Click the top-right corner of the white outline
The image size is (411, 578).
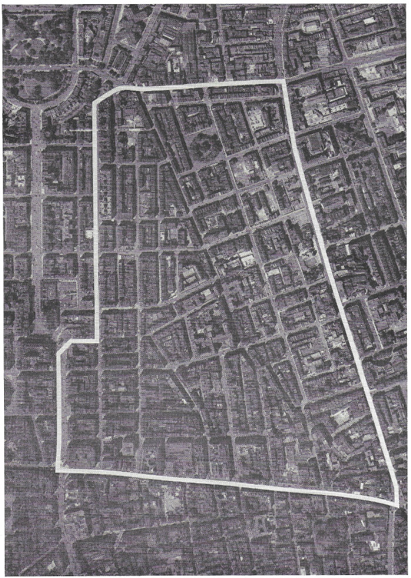pos(285,81)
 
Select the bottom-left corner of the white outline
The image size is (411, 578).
pos(57,470)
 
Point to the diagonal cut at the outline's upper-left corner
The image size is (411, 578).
pos(105,93)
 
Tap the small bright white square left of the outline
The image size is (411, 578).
pos(90,234)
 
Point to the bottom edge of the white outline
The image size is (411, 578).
pos(223,482)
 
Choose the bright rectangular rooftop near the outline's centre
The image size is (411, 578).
pos(246,258)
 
